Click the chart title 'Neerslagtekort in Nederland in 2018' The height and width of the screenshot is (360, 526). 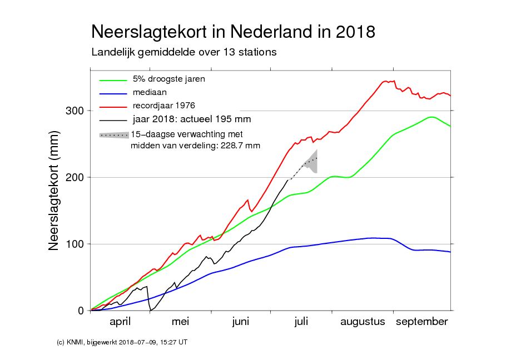click(x=232, y=31)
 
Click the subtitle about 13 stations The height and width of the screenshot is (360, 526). click(x=183, y=53)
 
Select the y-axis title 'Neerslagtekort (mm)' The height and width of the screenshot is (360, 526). click(x=54, y=191)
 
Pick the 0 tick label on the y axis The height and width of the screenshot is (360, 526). click(x=81, y=311)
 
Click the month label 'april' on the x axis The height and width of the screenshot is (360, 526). click(x=120, y=322)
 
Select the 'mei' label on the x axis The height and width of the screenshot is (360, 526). click(x=181, y=322)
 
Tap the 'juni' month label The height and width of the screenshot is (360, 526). click(x=241, y=322)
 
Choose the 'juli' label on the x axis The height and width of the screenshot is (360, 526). click(x=301, y=322)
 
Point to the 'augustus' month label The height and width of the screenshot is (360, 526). click(x=363, y=322)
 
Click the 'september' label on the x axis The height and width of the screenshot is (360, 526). click(x=421, y=322)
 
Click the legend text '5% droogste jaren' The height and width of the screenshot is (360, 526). click(x=168, y=79)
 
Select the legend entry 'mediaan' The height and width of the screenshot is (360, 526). click(x=150, y=92)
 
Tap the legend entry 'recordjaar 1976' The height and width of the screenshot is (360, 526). click(x=163, y=105)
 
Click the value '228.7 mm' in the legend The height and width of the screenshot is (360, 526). click(x=240, y=146)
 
